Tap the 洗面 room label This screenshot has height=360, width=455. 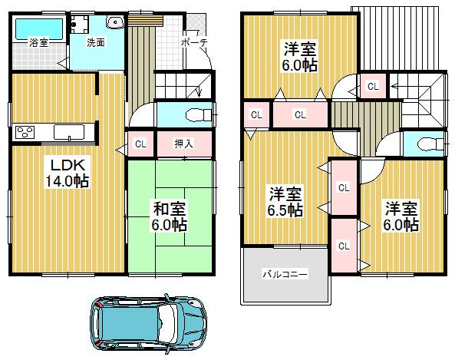95,43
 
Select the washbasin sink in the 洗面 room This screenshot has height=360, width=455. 113,23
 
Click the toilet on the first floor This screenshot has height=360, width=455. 198,115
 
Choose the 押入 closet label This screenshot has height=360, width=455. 183,144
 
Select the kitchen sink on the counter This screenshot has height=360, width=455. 73,132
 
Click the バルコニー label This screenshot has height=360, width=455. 285,273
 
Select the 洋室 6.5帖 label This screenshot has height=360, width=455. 284,201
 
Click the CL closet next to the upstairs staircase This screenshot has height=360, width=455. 373,86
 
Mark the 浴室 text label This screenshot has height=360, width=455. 38,44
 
